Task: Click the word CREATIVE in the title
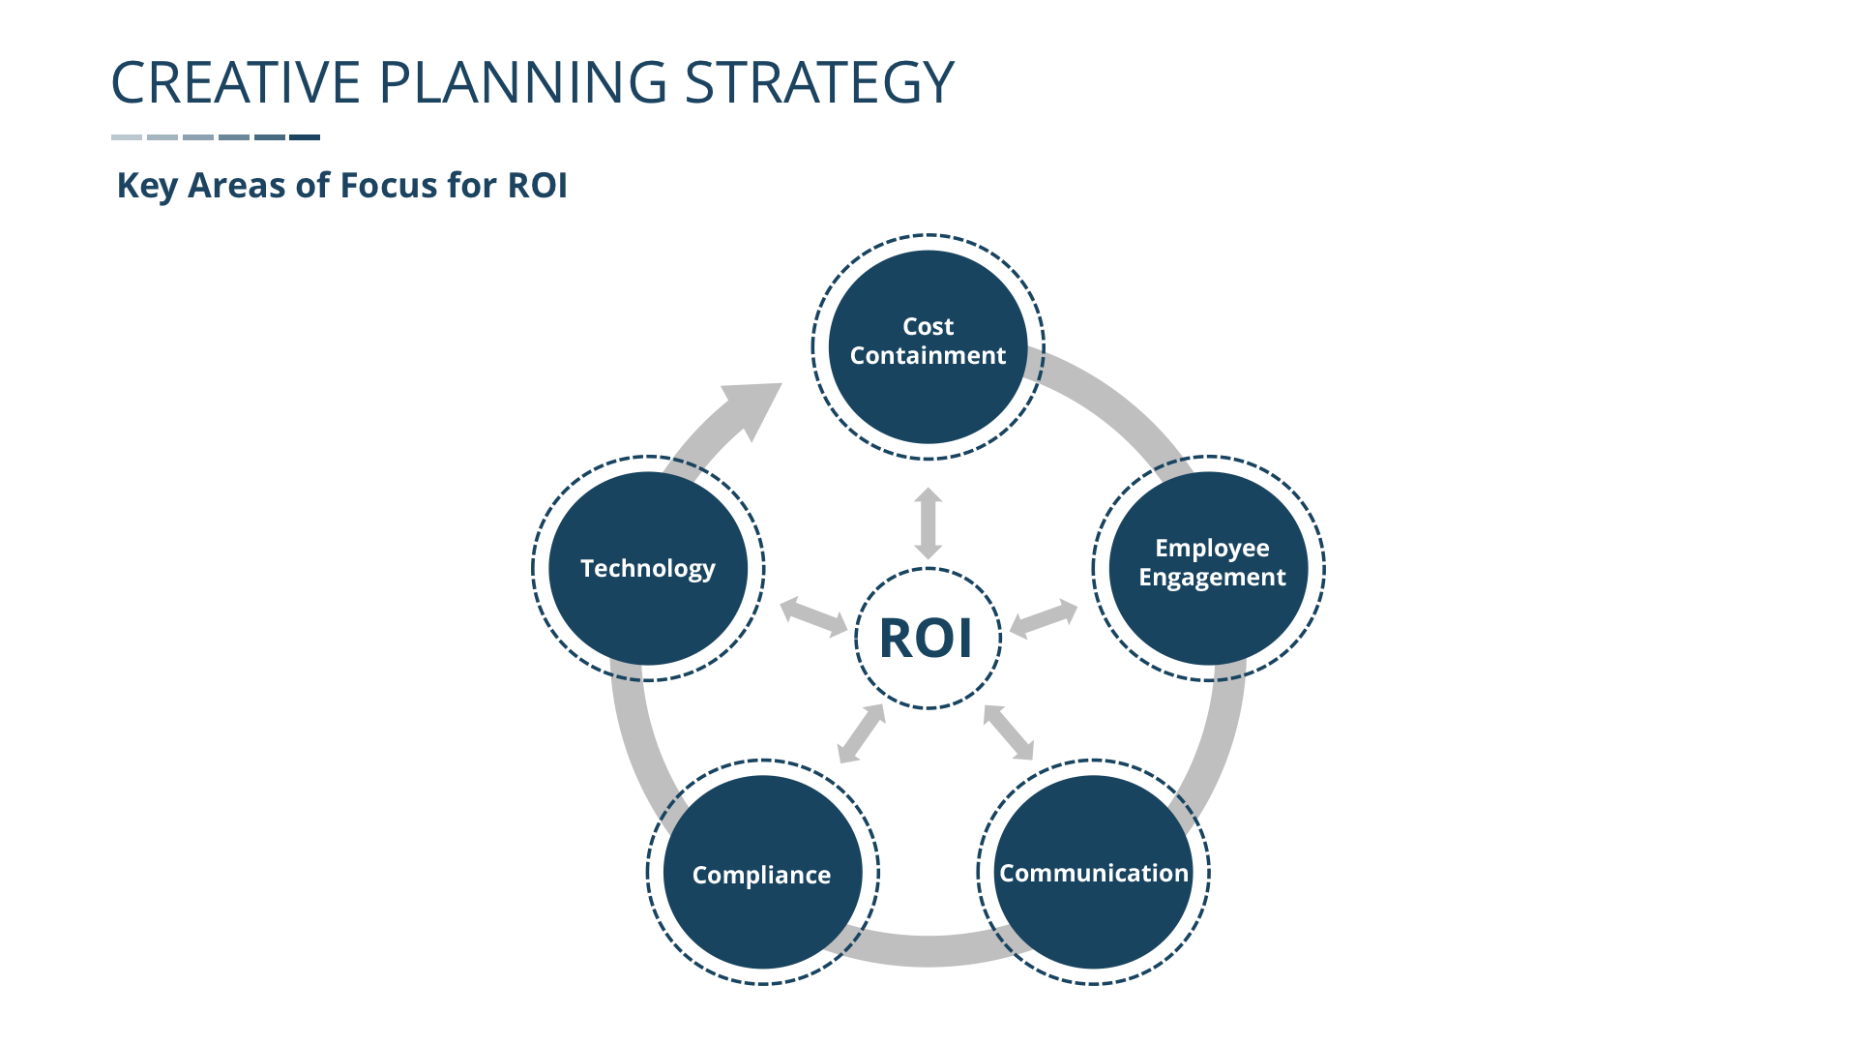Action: click(236, 82)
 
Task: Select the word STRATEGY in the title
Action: click(819, 82)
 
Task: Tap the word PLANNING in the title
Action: click(522, 82)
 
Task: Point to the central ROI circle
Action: click(928, 639)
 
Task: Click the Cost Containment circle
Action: click(928, 346)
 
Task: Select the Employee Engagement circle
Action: click(1209, 568)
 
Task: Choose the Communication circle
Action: click(1093, 872)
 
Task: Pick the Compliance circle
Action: click(762, 872)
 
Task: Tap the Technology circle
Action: click(648, 568)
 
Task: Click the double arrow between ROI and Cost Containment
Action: click(928, 523)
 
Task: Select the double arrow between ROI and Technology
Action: click(813, 616)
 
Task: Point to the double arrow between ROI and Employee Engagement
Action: click(1044, 617)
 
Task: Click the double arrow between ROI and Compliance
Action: click(862, 733)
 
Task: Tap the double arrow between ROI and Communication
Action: click(1009, 732)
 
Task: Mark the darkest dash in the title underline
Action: click(305, 137)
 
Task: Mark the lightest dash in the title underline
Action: click(127, 137)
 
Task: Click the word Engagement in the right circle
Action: click(1212, 578)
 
